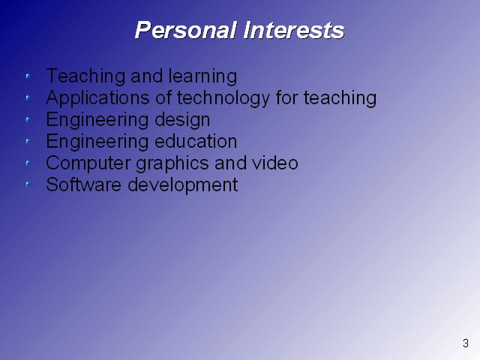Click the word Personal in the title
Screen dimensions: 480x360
click(x=186, y=30)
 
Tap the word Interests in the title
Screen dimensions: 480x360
click(x=294, y=30)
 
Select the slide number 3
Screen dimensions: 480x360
click(x=466, y=343)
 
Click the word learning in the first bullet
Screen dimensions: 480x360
click(x=202, y=76)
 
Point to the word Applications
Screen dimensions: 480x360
click(x=97, y=98)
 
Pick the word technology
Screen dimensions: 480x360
click(x=223, y=98)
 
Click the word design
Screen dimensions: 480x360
click(x=182, y=120)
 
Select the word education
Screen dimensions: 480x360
click(x=196, y=141)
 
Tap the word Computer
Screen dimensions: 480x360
click(x=88, y=163)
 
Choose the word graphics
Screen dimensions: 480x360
click(x=172, y=163)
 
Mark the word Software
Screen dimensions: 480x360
click(x=83, y=184)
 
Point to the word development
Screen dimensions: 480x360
click(x=183, y=185)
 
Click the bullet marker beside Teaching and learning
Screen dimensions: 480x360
click(x=28, y=76)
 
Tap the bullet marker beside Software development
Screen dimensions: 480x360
click(x=28, y=184)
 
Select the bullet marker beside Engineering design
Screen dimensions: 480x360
click(x=28, y=119)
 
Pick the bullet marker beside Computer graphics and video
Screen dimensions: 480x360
click(x=28, y=163)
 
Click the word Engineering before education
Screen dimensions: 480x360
click(x=97, y=142)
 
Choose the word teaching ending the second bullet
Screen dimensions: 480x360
click(x=340, y=98)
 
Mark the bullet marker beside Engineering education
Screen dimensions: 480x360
click(x=28, y=141)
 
